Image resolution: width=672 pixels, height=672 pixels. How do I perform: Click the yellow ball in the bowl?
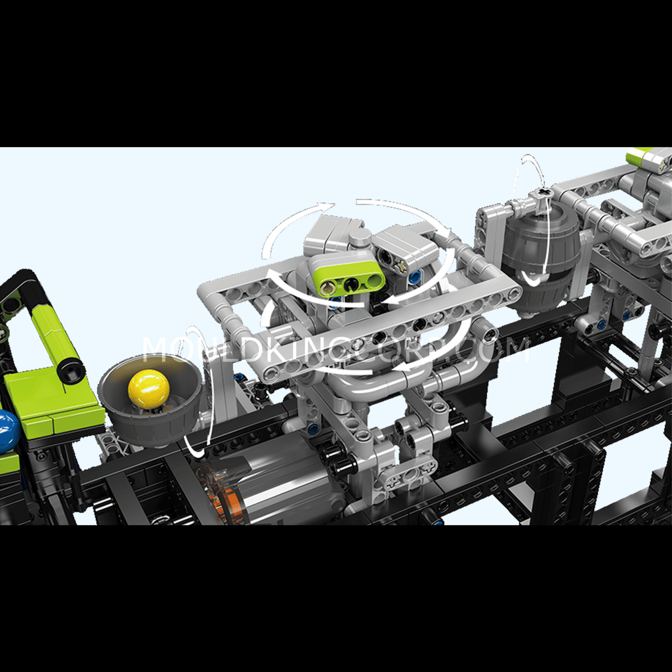tap(149, 388)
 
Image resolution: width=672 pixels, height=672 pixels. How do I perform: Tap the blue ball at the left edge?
tap(8, 430)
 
